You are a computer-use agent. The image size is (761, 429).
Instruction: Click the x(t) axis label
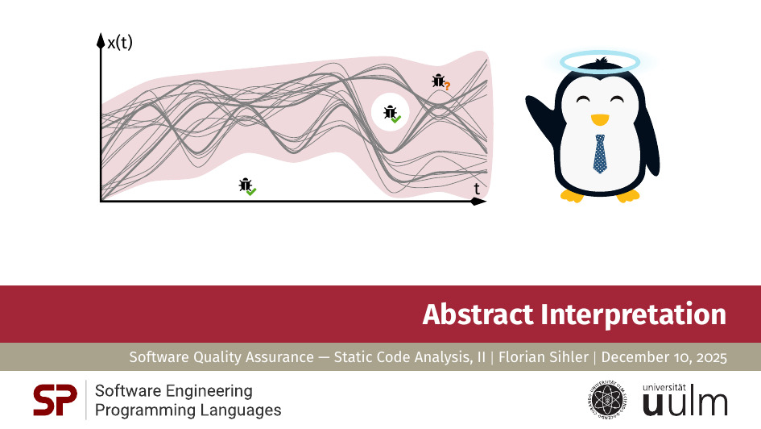120,43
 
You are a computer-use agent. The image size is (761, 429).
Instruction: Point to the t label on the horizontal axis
477,189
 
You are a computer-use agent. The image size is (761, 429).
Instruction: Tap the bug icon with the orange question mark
440,81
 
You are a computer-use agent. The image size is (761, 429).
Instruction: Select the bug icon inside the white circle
391,114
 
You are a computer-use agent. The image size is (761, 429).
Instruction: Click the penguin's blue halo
600,60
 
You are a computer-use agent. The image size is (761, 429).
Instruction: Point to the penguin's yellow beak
599,120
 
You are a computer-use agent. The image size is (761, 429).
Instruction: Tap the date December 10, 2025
664,357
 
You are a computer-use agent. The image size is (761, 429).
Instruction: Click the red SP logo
55,400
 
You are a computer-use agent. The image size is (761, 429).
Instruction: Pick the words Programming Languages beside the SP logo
188,410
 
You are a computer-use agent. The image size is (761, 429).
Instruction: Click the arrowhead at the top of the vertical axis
101,39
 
